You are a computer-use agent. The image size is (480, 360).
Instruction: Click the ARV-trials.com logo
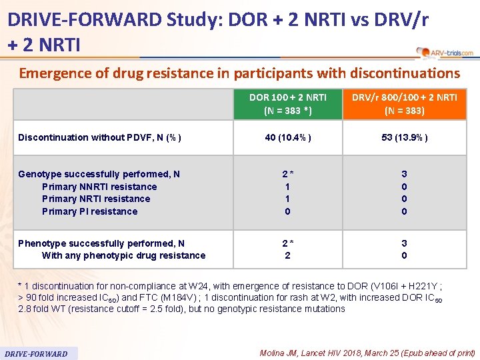(x=445, y=52)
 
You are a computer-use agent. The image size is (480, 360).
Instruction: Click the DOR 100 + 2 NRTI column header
(x=288, y=103)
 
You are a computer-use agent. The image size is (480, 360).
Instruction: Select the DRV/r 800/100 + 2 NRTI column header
(x=404, y=103)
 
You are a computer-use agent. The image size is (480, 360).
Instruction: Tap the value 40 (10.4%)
(x=288, y=137)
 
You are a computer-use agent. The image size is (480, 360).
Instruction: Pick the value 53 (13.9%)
(x=404, y=137)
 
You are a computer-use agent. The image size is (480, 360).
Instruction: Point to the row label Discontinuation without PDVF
(x=99, y=137)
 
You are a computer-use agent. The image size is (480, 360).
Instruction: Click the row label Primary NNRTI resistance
(x=99, y=187)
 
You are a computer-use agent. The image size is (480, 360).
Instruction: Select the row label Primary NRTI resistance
(x=96, y=199)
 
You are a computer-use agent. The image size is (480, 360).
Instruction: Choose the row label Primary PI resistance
(x=89, y=211)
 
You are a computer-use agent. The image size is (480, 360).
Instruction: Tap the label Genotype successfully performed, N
(x=99, y=174)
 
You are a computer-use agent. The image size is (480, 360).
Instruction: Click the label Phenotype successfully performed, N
(x=101, y=243)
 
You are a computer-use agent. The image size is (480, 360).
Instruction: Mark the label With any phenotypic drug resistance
(x=123, y=255)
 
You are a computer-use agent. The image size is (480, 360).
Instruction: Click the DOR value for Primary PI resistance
(x=287, y=211)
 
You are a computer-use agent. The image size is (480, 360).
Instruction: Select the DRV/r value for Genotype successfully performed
(x=404, y=174)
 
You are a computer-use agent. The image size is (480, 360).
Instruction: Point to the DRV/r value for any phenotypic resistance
(x=404, y=255)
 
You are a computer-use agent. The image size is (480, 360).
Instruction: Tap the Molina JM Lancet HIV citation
(x=367, y=353)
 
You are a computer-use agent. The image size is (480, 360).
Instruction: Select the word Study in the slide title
(x=193, y=19)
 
